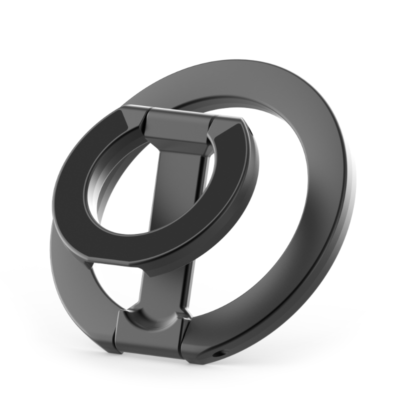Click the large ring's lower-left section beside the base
(x=75, y=300)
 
